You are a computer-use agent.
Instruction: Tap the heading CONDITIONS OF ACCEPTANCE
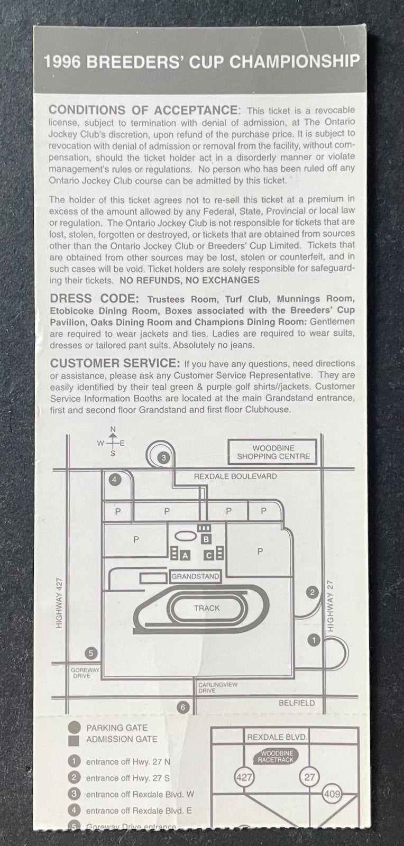(x=144, y=111)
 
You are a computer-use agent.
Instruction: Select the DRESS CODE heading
(x=95, y=298)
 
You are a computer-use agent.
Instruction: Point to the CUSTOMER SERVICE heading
(x=115, y=363)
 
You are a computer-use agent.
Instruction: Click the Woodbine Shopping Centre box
(x=273, y=452)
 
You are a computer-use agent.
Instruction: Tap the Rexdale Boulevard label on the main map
(x=235, y=476)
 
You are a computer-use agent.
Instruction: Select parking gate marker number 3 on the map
(x=163, y=458)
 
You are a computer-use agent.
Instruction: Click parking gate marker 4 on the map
(x=115, y=480)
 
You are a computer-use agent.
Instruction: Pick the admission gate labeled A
(x=185, y=556)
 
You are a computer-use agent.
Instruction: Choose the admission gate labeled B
(x=206, y=539)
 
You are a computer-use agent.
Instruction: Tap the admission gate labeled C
(x=209, y=556)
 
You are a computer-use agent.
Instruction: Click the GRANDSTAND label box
(x=195, y=576)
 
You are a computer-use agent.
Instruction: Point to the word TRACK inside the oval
(x=207, y=608)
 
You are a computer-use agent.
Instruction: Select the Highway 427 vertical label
(x=59, y=603)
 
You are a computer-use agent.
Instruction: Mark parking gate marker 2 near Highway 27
(x=312, y=592)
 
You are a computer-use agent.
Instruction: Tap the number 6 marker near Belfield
(x=183, y=707)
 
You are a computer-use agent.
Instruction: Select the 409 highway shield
(x=332, y=794)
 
